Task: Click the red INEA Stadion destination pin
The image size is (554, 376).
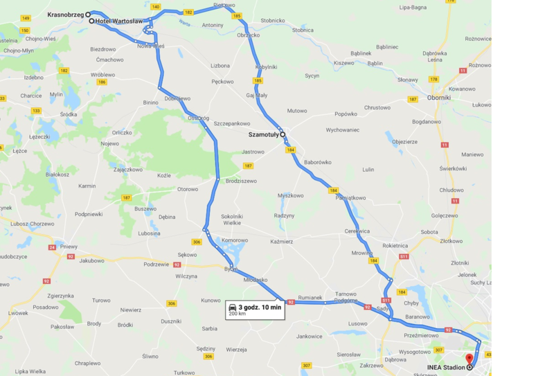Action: pyautogui.click(x=469, y=359)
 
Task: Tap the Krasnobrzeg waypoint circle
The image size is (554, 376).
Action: pyautogui.click(x=88, y=14)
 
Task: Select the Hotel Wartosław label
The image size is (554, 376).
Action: pyautogui.click(x=119, y=21)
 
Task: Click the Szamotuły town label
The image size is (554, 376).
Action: pyautogui.click(x=263, y=135)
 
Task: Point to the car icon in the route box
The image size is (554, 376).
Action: pyautogui.click(x=233, y=307)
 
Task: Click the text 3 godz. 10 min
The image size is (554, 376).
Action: pyautogui.click(x=260, y=307)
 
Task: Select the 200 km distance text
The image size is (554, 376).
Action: pyautogui.click(x=238, y=314)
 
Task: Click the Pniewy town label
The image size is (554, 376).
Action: pyautogui.click(x=69, y=246)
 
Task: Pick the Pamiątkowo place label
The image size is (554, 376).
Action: pyautogui.click(x=350, y=198)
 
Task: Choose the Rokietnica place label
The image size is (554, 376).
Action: pyautogui.click(x=395, y=245)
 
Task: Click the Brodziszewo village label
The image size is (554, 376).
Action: pyautogui.click(x=240, y=181)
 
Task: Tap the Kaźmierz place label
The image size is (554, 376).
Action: pyautogui.click(x=282, y=242)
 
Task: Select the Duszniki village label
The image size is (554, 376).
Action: pyautogui.click(x=170, y=321)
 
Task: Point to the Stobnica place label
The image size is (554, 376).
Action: pyautogui.click(x=303, y=30)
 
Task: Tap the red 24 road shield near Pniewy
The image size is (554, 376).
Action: pyautogui.click(x=52, y=247)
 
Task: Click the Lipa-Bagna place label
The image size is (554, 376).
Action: pyautogui.click(x=413, y=7)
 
